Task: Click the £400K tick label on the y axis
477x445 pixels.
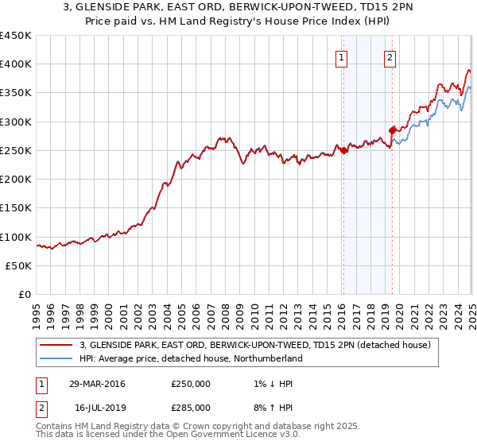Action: click(x=16, y=64)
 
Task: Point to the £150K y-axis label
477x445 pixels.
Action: click(x=16, y=208)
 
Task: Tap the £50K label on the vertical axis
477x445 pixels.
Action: click(x=19, y=266)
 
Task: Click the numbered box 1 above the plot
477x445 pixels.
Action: click(x=341, y=56)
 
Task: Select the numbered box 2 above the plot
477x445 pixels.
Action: click(x=390, y=56)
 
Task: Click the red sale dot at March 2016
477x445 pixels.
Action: click(x=343, y=150)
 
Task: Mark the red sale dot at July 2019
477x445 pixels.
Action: click(x=392, y=130)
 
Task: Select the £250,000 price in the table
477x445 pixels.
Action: click(x=191, y=384)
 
